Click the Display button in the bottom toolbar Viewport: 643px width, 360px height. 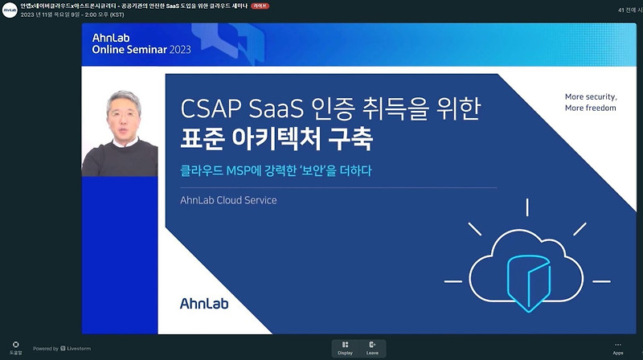pos(345,347)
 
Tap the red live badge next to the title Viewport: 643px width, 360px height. pos(260,6)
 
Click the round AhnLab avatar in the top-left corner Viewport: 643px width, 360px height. pos(9,10)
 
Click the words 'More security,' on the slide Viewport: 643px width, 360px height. pos(590,96)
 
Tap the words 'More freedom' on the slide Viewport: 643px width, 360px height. pos(590,108)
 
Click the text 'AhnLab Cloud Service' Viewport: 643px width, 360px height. pos(228,200)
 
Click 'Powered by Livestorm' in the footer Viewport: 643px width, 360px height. pos(62,348)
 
